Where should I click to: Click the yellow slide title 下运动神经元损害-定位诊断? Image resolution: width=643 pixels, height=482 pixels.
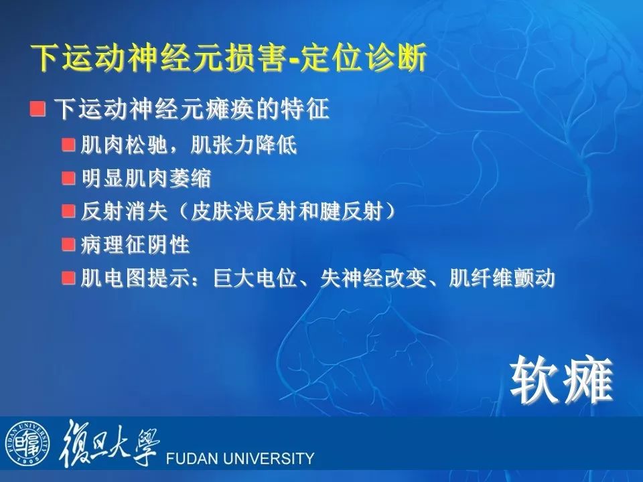(x=229, y=58)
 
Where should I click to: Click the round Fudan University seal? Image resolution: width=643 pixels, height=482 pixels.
(x=27, y=443)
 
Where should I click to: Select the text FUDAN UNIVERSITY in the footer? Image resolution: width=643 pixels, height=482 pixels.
(x=240, y=458)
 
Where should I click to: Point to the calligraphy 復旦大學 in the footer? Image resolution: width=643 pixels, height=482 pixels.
(x=109, y=443)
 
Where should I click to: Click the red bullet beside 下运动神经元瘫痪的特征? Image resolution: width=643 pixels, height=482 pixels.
(x=38, y=109)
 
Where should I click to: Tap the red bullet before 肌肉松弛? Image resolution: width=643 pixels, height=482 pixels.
(x=68, y=145)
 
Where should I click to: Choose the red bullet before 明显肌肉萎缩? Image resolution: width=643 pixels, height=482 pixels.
(x=68, y=178)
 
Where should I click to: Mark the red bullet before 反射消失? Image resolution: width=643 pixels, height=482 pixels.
(x=68, y=212)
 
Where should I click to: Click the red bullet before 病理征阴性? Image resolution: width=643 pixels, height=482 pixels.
(x=68, y=245)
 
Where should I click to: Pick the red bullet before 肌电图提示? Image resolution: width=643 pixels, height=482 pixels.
(x=68, y=278)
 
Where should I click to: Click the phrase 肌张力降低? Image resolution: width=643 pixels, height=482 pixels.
(x=244, y=145)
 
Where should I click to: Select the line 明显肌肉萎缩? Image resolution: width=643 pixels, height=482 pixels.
(x=146, y=178)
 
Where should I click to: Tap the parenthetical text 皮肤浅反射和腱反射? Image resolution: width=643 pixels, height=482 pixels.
(x=287, y=212)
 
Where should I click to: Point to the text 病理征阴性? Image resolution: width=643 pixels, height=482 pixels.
(x=135, y=245)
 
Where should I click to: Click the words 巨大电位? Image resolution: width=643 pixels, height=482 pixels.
(x=255, y=278)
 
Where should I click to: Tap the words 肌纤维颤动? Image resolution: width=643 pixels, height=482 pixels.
(x=502, y=278)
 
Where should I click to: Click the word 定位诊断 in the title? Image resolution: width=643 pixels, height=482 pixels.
(x=363, y=58)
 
